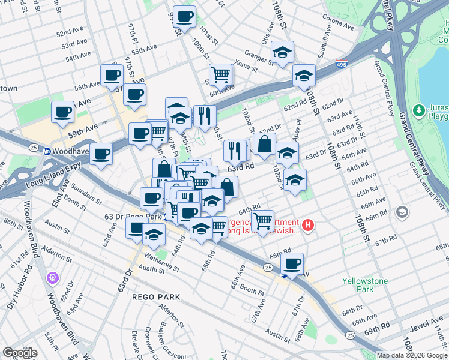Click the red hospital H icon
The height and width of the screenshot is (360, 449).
[308, 226]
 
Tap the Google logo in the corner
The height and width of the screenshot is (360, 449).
[20, 353]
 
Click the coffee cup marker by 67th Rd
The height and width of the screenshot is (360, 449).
[292, 264]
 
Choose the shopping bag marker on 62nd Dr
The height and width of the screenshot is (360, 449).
[264, 145]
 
